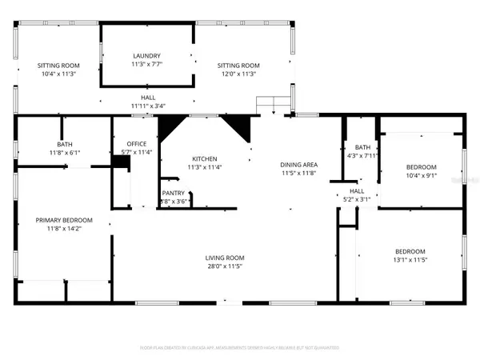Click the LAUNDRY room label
[x=147, y=56]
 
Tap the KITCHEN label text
[x=204, y=158]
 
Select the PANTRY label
[x=174, y=193]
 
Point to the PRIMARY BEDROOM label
[x=64, y=220]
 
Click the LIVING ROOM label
[x=224, y=258]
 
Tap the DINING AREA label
[x=299, y=164]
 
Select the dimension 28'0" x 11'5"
[x=224, y=266]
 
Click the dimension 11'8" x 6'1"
[x=65, y=152]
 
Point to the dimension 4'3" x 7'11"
[x=362, y=156]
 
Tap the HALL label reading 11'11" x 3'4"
[x=147, y=105]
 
